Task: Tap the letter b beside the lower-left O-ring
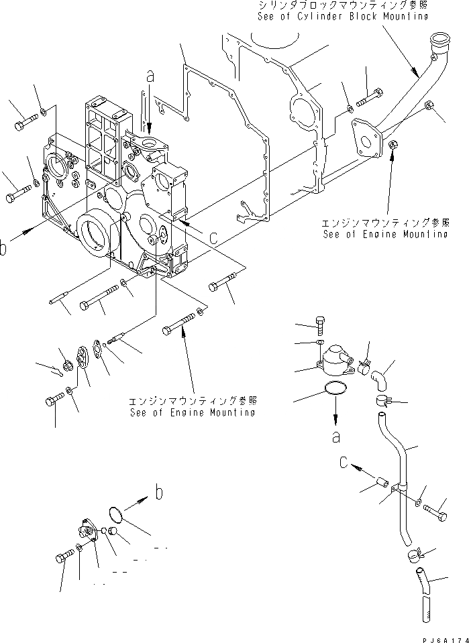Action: (158, 494)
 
